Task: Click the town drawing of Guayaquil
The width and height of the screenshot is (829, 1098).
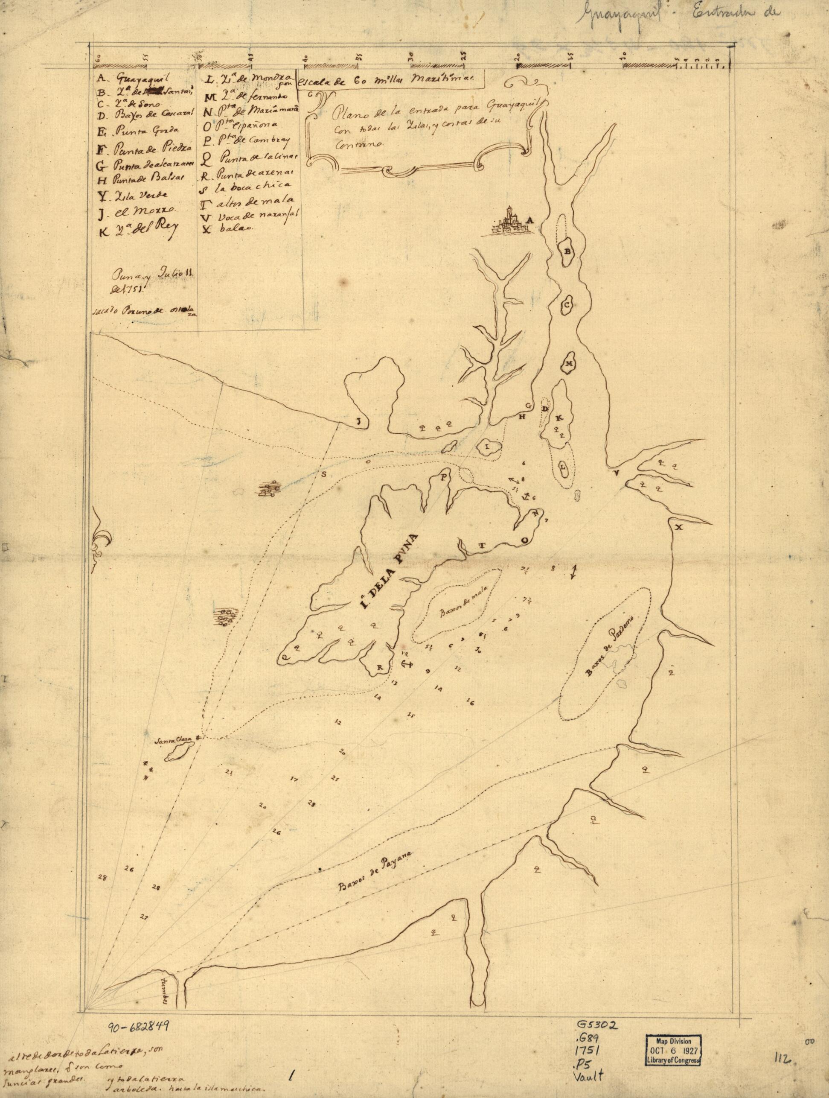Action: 509,224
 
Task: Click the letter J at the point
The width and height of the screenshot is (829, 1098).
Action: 357,421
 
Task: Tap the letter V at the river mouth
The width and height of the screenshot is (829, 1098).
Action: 617,473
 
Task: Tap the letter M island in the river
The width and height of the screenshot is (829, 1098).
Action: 569,364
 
